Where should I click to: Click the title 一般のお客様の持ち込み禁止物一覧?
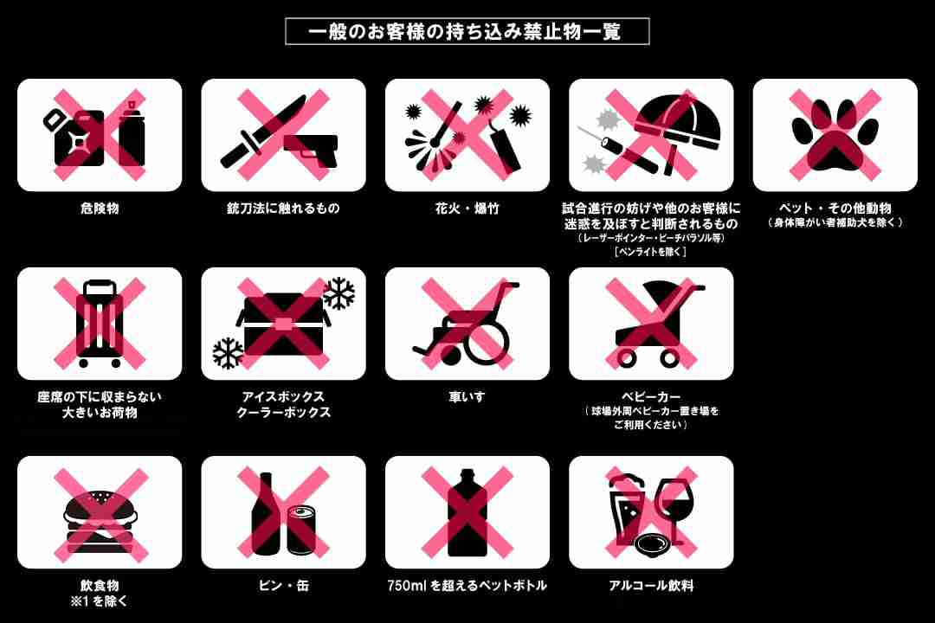465,32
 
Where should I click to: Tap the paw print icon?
835,135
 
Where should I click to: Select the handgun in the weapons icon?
312,150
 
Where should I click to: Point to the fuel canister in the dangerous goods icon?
74,137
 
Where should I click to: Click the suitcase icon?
100,324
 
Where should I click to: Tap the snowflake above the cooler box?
339,292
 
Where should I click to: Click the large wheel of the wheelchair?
486,343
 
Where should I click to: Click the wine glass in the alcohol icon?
673,511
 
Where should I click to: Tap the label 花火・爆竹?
467,209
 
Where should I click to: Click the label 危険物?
100,209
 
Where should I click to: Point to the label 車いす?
467,396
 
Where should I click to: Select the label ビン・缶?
283,586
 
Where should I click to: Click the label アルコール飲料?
651,586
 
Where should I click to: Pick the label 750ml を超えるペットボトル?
467,586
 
